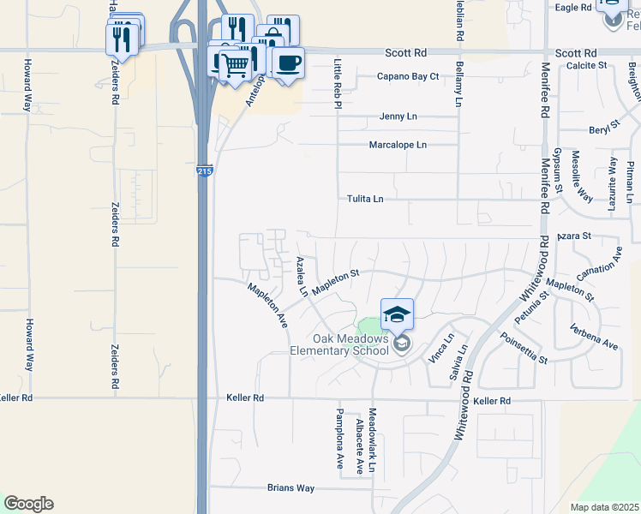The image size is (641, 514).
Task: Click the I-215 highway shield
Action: (x=203, y=171)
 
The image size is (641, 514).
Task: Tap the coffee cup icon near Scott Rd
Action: (x=288, y=62)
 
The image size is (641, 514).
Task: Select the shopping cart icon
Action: (x=234, y=63)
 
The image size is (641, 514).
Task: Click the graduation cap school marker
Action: (x=397, y=314)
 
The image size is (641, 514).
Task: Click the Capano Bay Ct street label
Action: (x=408, y=76)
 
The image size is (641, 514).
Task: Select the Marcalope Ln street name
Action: (x=397, y=145)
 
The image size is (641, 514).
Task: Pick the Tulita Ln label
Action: (x=364, y=199)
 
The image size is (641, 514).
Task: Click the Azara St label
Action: (x=573, y=235)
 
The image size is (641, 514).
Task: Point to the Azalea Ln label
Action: (x=302, y=276)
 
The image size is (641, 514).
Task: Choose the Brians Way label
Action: (x=291, y=488)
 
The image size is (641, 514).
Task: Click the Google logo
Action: (x=28, y=504)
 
